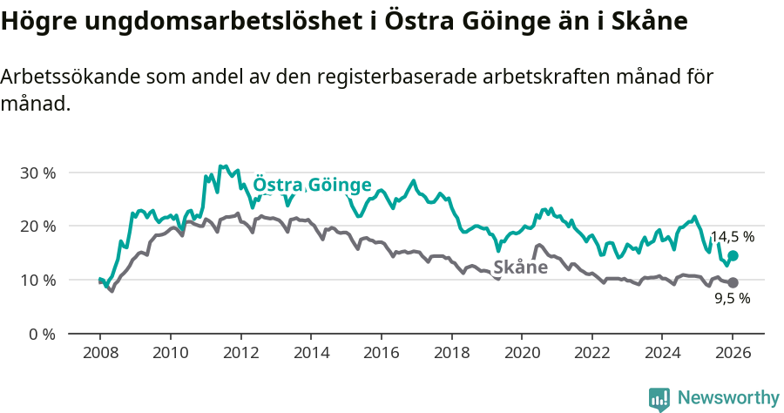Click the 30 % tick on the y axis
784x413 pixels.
coord(37,173)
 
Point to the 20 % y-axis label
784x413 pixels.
coord(37,227)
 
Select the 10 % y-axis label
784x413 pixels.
coord(37,281)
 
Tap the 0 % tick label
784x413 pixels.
coord(41,334)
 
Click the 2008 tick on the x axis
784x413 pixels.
coord(100,355)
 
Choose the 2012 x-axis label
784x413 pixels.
coord(240,355)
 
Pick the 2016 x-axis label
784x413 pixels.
coord(381,355)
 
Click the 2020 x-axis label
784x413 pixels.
coord(522,355)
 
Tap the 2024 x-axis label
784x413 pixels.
coord(662,355)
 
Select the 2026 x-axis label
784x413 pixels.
coord(733,355)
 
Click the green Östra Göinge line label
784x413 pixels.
coord(312,186)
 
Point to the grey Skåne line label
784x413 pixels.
coord(520,267)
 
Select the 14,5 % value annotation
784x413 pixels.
coord(732,236)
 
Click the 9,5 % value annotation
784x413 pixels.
coord(732,298)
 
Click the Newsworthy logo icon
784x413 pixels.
coord(659,398)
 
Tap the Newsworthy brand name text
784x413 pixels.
coord(727,398)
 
